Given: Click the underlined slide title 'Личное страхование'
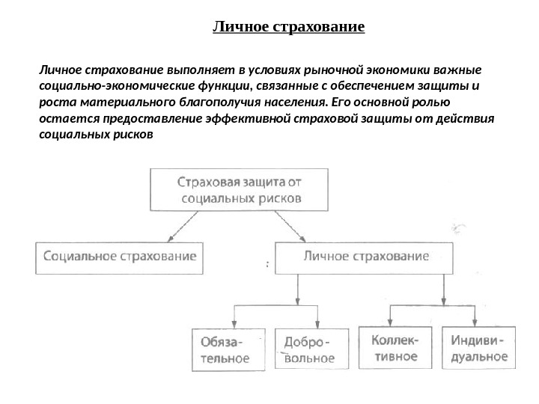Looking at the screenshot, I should pos(288,28).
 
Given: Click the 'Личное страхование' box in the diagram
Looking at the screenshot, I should pos(366,256).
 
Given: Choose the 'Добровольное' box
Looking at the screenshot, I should pos(307,349).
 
